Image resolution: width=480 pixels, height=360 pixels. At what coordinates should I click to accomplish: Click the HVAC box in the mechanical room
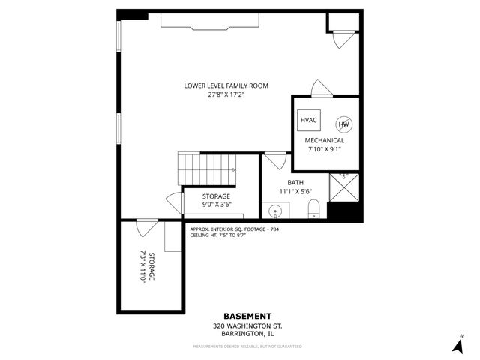pos(308,120)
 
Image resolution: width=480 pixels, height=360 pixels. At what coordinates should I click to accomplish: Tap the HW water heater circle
pos(343,124)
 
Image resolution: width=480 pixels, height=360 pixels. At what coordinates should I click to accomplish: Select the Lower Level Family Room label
pos(226,85)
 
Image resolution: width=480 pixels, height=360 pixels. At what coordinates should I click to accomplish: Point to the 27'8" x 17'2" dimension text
pos(226,94)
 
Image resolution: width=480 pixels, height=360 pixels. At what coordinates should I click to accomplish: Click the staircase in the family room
pos(206,169)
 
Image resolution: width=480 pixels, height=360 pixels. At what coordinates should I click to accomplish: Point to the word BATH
pos(295,183)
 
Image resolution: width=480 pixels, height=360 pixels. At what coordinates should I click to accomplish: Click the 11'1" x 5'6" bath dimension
pos(295,192)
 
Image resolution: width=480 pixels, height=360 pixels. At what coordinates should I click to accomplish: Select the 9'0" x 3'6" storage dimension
pos(215,205)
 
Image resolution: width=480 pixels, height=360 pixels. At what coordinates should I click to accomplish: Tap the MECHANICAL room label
pos(324,140)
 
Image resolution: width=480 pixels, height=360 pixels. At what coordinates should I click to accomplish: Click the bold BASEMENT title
pos(247,316)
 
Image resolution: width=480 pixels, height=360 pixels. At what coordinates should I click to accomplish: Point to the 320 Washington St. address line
pos(247,326)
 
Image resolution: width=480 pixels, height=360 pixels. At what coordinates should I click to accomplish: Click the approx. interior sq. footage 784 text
pos(234,229)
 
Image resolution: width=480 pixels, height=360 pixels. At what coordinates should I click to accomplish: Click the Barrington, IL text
pos(247,334)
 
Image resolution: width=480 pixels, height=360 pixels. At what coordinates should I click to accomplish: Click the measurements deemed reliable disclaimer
pos(247,346)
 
